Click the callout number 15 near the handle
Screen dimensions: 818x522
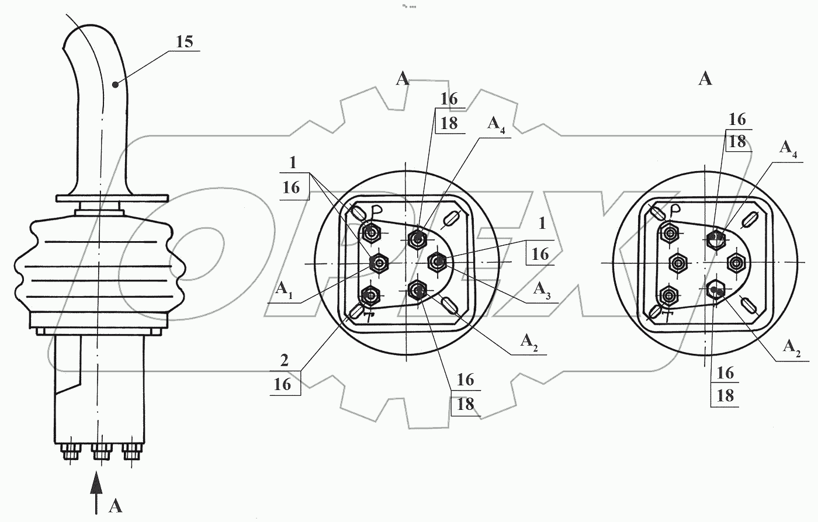[185, 41]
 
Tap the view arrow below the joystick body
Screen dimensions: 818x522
[96, 493]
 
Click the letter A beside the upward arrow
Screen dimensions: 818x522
[116, 506]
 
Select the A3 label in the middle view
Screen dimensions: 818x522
[542, 290]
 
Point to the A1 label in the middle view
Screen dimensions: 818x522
[284, 290]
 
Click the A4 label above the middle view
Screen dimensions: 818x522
[496, 125]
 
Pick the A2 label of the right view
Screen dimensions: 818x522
[792, 347]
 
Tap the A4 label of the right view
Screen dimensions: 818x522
[788, 149]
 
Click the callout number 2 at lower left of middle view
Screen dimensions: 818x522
[285, 361]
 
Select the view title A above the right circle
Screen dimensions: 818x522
[705, 79]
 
